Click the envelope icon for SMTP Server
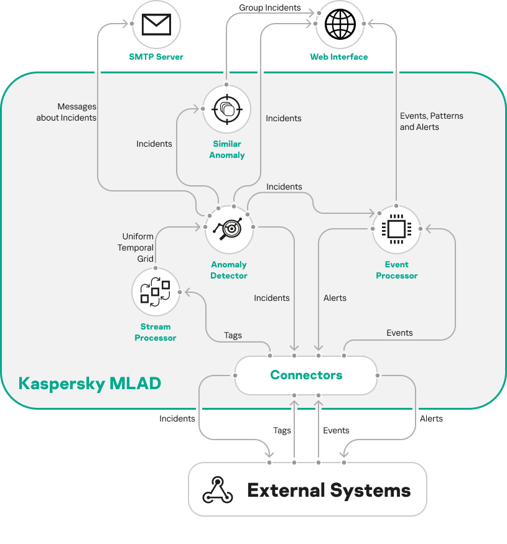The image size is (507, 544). [156, 24]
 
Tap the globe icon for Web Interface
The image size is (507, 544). [340, 24]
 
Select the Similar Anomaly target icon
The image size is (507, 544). [226, 109]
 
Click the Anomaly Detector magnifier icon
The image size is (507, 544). [229, 229]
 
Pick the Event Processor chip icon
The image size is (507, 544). [396, 229]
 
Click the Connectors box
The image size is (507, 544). [306, 376]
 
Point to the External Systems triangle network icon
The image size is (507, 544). [218, 490]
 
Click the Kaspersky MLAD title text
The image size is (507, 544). [90, 383]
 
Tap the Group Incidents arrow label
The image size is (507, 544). [270, 8]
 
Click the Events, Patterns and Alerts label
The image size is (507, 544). [431, 121]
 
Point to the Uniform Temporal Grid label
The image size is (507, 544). [137, 247]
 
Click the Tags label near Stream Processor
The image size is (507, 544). [233, 335]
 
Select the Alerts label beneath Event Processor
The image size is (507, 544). [335, 298]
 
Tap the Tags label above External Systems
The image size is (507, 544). [282, 430]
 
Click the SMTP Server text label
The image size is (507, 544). [156, 57]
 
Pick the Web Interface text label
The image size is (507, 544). [339, 57]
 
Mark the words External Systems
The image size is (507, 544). [329, 490]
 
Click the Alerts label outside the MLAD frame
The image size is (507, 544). [431, 418]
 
